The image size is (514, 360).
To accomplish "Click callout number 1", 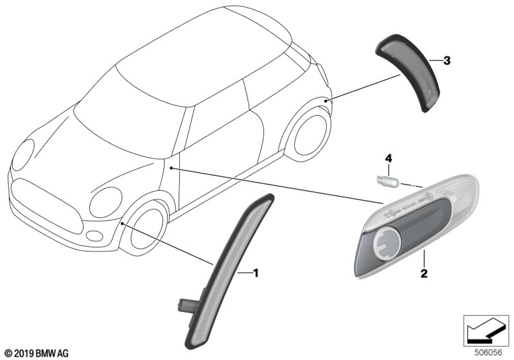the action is pyautogui.click(x=255, y=273).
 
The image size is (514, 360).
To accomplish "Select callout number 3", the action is pyautogui.click(x=447, y=61).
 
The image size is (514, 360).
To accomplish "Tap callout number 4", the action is pyautogui.click(x=387, y=157).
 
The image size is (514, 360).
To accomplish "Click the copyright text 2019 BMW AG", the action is pyautogui.click(x=36, y=353).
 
